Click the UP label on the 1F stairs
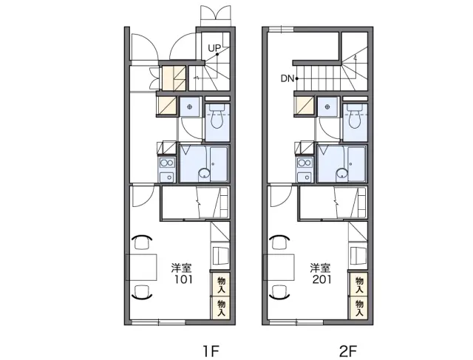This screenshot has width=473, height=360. (214, 47)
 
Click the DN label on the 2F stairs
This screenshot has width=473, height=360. (287, 79)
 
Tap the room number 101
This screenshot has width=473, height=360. (183, 279)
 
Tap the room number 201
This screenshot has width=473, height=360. (321, 279)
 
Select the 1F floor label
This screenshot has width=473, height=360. (211, 351)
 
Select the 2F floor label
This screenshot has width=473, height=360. (348, 351)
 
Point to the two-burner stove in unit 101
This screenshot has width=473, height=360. (167, 163)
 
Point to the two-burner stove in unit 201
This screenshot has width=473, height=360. (304, 163)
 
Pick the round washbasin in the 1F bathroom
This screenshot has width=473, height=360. (204, 174)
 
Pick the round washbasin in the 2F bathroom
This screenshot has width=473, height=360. (342, 174)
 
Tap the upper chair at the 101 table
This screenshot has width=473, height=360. (142, 242)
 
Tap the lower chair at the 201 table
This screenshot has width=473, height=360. (280, 293)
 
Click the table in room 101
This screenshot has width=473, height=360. (141, 268)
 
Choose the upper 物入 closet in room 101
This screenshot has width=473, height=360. (221, 285)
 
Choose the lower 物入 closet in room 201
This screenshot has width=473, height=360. (359, 308)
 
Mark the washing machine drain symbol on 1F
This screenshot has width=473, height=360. (189, 106)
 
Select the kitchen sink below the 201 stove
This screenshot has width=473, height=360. (304, 177)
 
